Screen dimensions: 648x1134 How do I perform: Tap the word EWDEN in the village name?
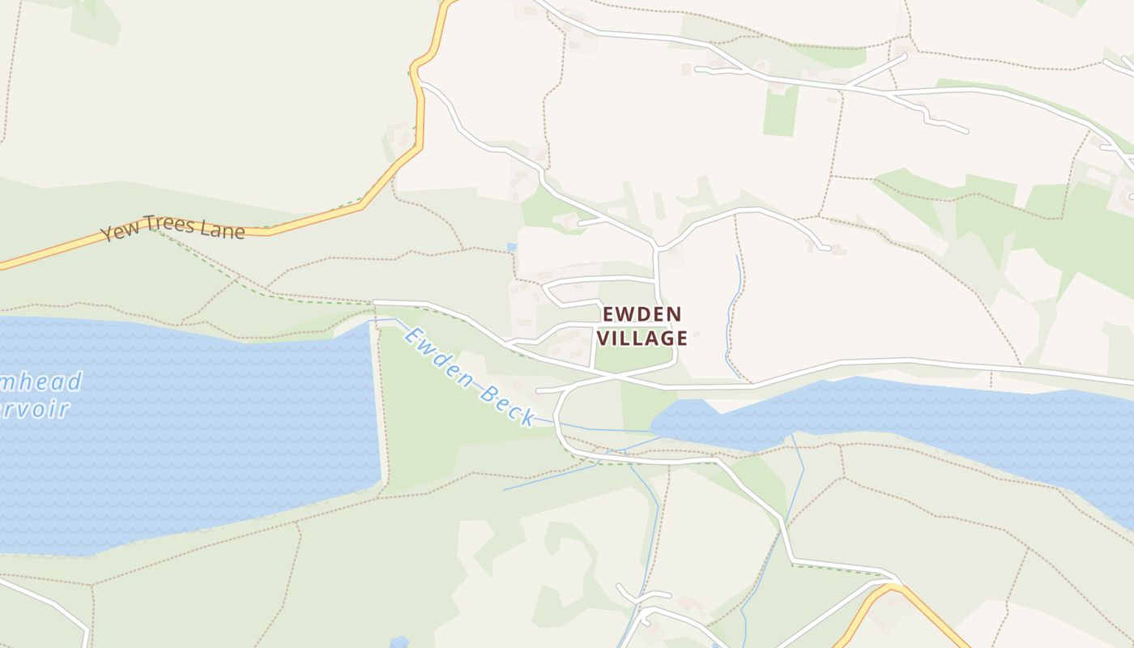pyautogui.click(x=642, y=314)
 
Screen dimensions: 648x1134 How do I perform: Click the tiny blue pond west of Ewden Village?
pyautogui.click(x=511, y=247)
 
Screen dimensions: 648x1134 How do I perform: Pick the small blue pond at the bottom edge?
pyautogui.click(x=399, y=642)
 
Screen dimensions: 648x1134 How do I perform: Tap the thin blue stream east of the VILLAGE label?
pyautogui.click(x=731, y=316)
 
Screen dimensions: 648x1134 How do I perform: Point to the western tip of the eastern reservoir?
pyautogui.click(x=653, y=424)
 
